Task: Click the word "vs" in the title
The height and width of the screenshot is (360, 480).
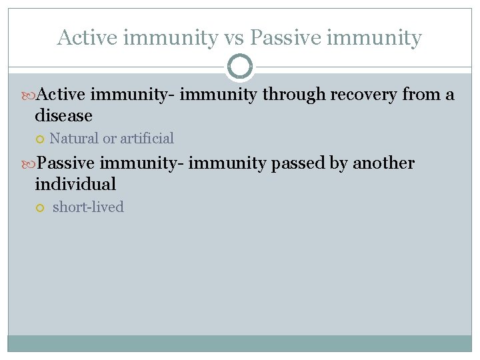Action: [x=234, y=38]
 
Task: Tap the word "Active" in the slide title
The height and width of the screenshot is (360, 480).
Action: [x=83, y=38]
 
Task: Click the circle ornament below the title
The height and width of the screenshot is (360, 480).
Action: [x=240, y=67]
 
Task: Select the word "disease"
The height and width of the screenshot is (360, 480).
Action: [x=64, y=116]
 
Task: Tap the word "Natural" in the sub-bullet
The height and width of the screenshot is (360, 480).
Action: [x=73, y=139]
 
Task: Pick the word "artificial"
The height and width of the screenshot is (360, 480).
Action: [x=147, y=139]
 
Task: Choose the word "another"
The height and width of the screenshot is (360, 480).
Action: [x=383, y=163]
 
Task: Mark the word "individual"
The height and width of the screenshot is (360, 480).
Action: [x=75, y=184]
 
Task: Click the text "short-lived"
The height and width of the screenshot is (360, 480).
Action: [x=88, y=207]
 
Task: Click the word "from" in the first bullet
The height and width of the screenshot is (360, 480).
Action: [x=421, y=95]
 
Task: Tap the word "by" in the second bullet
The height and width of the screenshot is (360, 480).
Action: [x=339, y=163]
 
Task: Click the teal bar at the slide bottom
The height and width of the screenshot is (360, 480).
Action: [x=240, y=343]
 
